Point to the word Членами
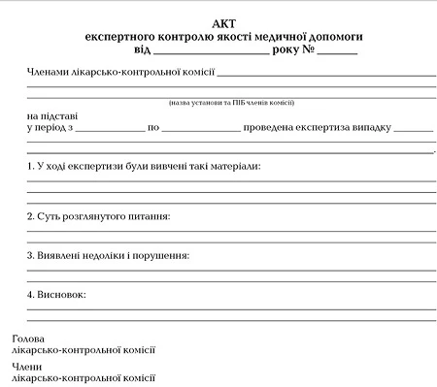click(x=50, y=72)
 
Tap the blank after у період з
click(x=109, y=128)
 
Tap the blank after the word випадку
click(x=415, y=128)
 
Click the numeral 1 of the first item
click(x=30, y=167)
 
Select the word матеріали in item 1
click(x=235, y=167)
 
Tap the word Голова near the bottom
click(x=28, y=339)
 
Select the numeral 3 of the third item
click(x=30, y=256)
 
